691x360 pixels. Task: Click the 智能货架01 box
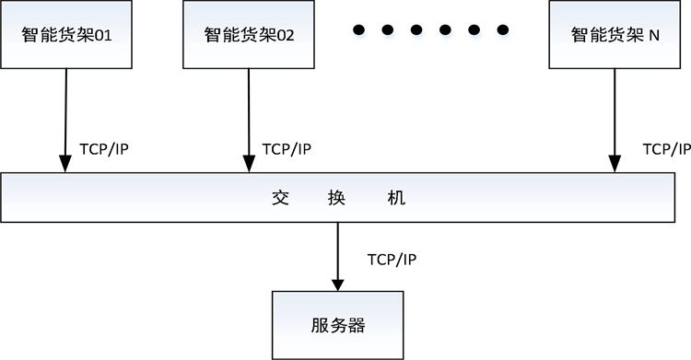(x=65, y=35)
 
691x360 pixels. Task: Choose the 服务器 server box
(x=337, y=324)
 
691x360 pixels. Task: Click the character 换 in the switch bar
(x=337, y=198)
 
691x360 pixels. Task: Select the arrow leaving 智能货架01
(x=65, y=120)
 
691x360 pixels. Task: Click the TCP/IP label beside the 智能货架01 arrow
(x=104, y=149)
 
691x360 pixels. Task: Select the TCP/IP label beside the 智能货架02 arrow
(x=287, y=149)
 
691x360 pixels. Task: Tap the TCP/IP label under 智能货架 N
(x=665, y=149)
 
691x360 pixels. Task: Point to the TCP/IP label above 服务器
(x=392, y=259)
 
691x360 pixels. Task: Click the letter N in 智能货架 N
(x=654, y=37)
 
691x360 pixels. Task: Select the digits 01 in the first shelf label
(x=101, y=37)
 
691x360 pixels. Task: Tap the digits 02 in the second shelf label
(x=284, y=37)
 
